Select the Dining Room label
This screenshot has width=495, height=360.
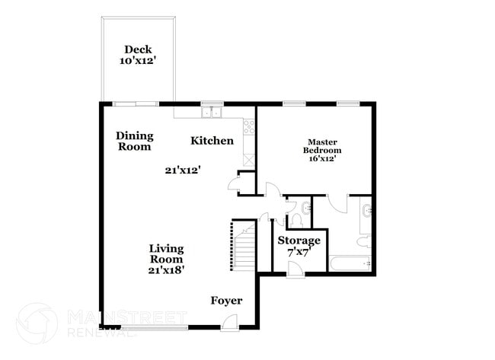click(135, 142)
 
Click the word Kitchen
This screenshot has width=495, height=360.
click(212, 141)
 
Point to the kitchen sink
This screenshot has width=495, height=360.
click(211, 113)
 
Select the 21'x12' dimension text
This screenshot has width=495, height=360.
click(182, 170)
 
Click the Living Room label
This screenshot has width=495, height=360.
click(167, 253)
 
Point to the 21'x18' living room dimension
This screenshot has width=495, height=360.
click(167, 269)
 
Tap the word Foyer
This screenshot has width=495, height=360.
click(226, 301)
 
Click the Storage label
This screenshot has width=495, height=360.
click(299, 241)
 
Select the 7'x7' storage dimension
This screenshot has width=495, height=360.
click(299, 253)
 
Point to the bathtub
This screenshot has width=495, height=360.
click(350, 264)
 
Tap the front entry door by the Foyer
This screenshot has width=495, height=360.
click(227, 323)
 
